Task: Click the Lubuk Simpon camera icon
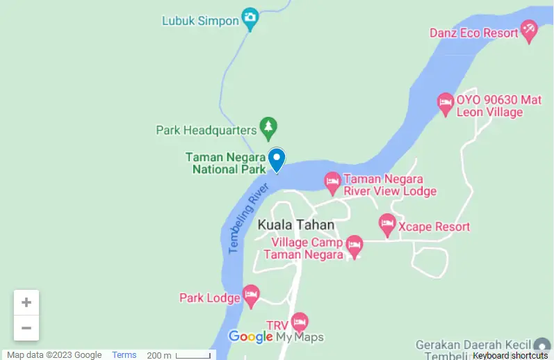[250, 17]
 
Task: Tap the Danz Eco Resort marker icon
[530, 31]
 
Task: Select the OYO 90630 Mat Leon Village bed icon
[446, 104]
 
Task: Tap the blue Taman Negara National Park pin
[277, 159]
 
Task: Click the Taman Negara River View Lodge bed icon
[333, 182]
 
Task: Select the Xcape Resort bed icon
[387, 224]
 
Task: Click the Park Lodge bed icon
[251, 295]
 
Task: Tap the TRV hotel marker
[300, 321]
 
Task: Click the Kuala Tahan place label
[295, 225]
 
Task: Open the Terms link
[124, 355]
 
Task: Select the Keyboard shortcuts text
[510, 355]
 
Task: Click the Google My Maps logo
[276, 337]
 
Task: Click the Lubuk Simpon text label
[200, 21]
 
